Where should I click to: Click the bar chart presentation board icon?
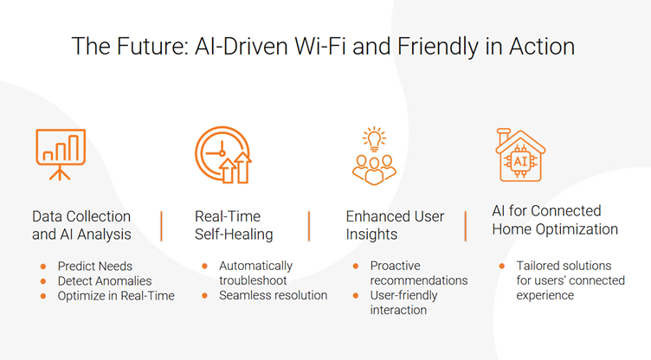point(61,154)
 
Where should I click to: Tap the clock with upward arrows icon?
point(223,155)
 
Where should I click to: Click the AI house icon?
point(520,155)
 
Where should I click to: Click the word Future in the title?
point(152,46)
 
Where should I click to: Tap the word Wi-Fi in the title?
point(321,46)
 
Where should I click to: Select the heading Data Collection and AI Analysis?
point(81,225)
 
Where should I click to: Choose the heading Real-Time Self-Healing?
point(234,225)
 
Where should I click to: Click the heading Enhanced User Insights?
point(395,225)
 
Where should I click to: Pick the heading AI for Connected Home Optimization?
point(555,220)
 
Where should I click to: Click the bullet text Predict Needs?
point(95,267)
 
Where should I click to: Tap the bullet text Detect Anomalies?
point(105,281)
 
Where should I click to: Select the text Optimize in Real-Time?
point(116,296)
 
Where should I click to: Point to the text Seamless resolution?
point(274,295)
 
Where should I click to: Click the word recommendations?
point(419,280)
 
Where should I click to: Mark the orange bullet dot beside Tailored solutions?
point(502,266)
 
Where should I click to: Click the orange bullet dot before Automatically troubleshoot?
point(204,266)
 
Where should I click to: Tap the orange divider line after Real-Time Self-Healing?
point(309,226)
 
